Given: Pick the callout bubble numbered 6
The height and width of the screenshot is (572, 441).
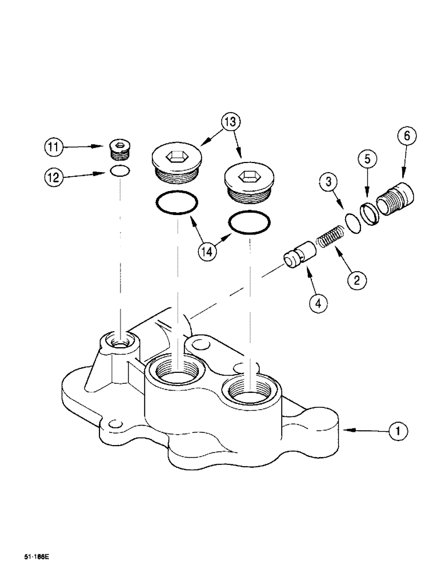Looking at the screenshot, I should [x=406, y=136].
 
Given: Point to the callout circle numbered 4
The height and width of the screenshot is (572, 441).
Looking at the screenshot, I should [x=318, y=301].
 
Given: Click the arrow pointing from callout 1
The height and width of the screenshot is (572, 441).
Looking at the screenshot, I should [x=363, y=430].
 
